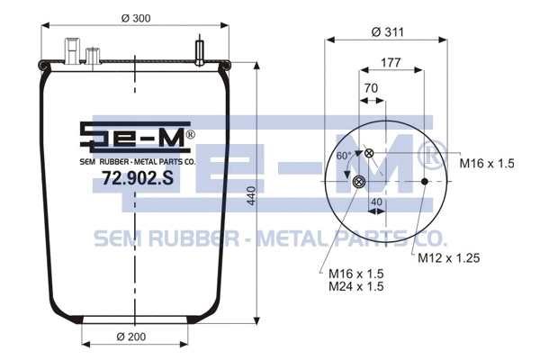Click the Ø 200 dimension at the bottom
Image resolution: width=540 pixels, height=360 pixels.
pos(132,337)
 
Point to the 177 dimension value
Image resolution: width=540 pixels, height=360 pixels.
pos(391,62)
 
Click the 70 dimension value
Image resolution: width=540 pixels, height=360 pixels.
pos(371,88)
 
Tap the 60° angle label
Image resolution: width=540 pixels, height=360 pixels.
pos(343,156)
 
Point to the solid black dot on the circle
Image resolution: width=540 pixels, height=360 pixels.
pos(425,183)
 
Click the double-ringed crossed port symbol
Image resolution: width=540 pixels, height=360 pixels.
pos(359,183)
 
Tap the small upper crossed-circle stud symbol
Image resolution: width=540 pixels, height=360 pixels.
pos(368,154)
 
